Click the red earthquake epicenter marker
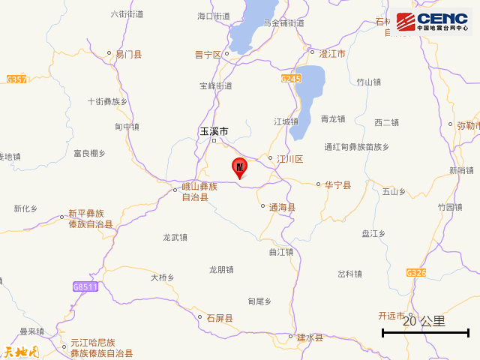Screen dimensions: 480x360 click(x=240, y=167)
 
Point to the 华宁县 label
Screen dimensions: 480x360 click(x=337, y=184)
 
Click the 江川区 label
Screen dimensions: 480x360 click(x=289, y=159)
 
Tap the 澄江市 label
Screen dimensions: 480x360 click(x=331, y=55)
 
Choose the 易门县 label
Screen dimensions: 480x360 click(x=128, y=55)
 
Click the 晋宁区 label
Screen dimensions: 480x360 click(x=208, y=55)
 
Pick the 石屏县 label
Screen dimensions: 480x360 click(x=220, y=318)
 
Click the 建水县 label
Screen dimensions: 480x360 click(x=309, y=337)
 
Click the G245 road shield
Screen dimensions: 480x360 click(x=291, y=78)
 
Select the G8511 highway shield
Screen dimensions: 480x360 click(x=85, y=286)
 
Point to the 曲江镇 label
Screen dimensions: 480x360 click(x=282, y=251)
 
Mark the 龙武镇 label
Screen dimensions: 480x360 click(x=175, y=237)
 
